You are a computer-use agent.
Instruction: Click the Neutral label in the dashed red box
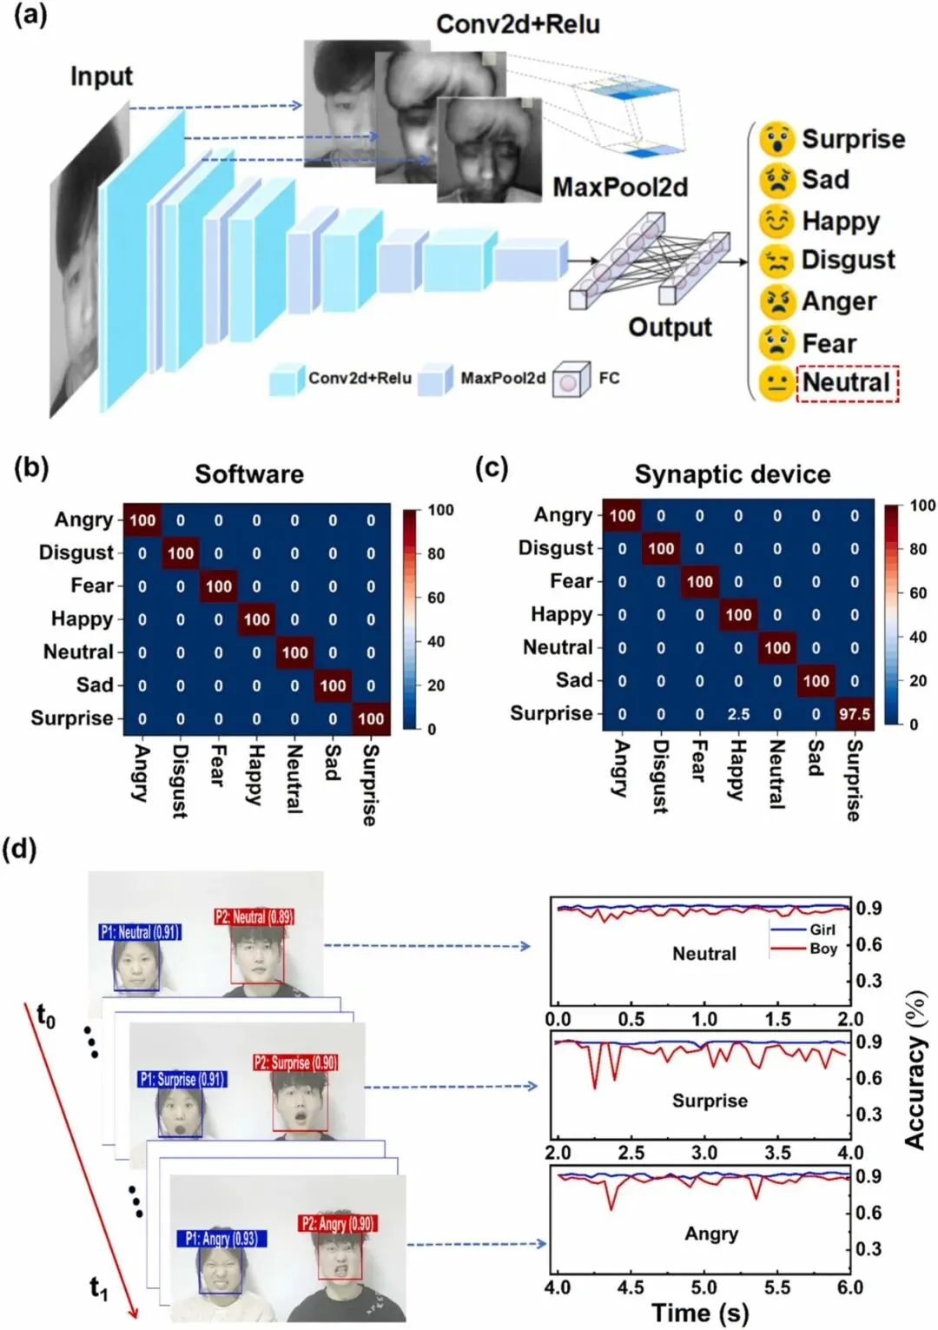click(x=846, y=382)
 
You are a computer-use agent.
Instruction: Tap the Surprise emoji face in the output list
click(x=776, y=139)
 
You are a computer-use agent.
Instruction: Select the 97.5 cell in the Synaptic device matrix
click(x=854, y=714)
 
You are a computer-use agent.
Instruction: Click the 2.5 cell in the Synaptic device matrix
click(x=738, y=714)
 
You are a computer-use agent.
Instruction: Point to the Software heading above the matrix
click(x=249, y=474)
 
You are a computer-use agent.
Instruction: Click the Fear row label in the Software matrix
click(x=92, y=586)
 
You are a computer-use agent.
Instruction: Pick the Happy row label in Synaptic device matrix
click(x=561, y=615)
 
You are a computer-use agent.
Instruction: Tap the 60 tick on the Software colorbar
click(x=436, y=598)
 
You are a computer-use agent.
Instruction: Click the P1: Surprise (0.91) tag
click(x=182, y=1079)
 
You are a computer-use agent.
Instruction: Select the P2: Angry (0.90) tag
click(x=337, y=1224)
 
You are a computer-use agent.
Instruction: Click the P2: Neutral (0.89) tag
click(x=254, y=916)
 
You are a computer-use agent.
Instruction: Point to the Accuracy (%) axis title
click(x=915, y=1069)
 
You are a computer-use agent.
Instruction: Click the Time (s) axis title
click(x=699, y=1313)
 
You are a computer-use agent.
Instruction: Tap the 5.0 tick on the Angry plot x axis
click(x=703, y=1287)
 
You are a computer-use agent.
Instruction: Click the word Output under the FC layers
click(x=670, y=328)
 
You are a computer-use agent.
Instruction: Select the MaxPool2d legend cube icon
click(x=434, y=379)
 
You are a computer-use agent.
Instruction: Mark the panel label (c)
click(x=492, y=468)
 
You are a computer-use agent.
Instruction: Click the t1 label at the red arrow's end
click(x=99, y=1287)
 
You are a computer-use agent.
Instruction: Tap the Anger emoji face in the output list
click(x=776, y=301)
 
